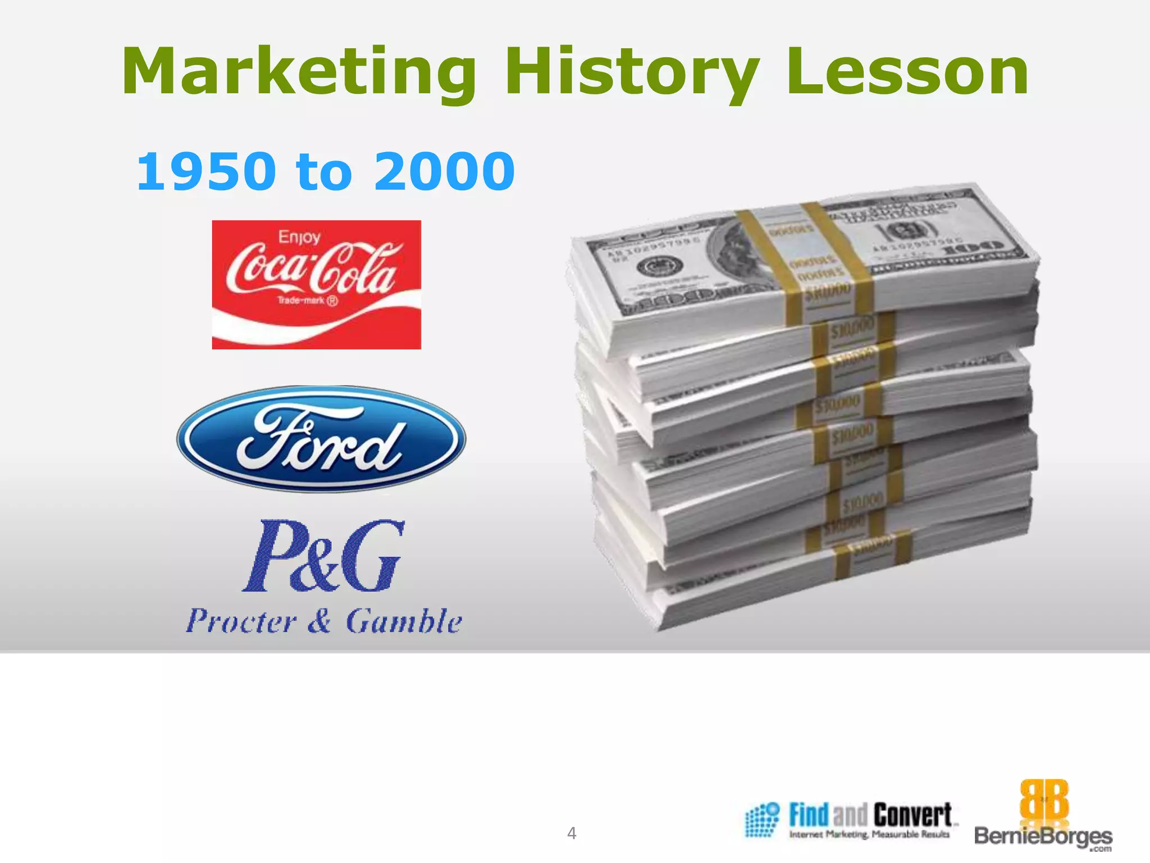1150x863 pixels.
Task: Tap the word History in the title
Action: pyautogui.click(x=632, y=73)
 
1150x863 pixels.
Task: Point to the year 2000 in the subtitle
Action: pyautogui.click(x=444, y=171)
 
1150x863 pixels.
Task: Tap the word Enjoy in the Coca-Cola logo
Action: pyautogui.click(x=299, y=237)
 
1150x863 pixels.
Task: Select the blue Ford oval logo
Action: pyautogui.click(x=321, y=439)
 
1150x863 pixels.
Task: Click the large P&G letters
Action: pyautogui.click(x=323, y=556)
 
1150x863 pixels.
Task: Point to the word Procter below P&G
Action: pyautogui.click(x=241, y=621)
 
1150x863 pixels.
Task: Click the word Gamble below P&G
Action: pyautogui.click(x=404, y=621)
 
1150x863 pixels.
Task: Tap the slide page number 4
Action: pyautogui.click(x=572, y=833)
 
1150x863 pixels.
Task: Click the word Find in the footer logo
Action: pyautogui.click(x=809, y=815)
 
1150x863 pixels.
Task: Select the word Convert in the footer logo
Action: pyautogui.click(x=912, y=815)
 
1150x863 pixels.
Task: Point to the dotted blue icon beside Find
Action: pyautogui.click(x=761, y=820)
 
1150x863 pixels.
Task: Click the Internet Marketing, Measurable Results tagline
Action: pyautogui.click(x=869, y=835)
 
